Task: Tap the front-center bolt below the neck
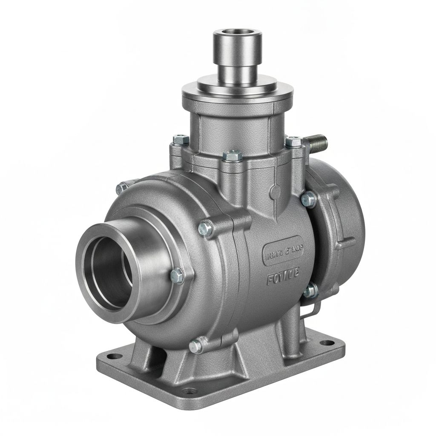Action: pyautogui.click(x=232, y=156)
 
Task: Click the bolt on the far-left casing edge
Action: pyautogui.click(x=123, y=186)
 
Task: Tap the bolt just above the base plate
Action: pyautogui.click(x=197, y=345)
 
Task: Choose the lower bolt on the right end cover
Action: pyautogui.click(x=310, y=291)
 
